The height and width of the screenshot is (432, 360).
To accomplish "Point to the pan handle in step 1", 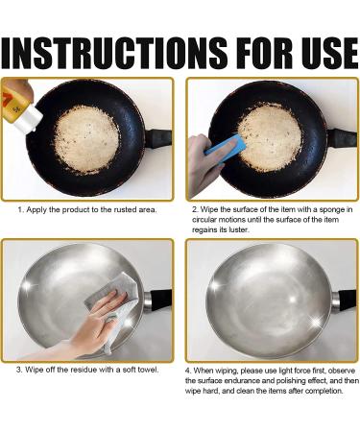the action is pyautogui.click(x=158, y=138).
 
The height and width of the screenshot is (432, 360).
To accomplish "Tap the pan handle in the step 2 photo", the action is pyautogui.click(x=342, y=138).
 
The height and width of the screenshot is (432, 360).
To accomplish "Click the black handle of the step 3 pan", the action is pyautogui.click(x=160, y=300).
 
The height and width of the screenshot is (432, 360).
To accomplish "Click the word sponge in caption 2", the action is pyautogui.click(x=330, y=210).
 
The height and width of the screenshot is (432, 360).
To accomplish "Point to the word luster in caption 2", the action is pyautogui.click(x=238, y=229).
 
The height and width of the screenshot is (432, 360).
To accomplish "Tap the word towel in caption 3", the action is pyautogui.click(x=148, y=370).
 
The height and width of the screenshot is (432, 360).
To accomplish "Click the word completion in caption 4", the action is pyautogui.click(x=324, y=391).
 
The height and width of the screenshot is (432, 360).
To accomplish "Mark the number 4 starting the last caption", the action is pyautogui.click(x=188, y=371).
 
